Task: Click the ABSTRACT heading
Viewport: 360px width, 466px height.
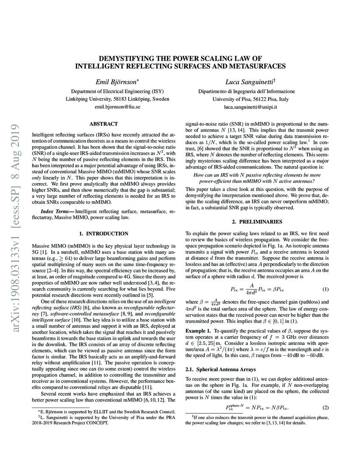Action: click(x=103, y=124)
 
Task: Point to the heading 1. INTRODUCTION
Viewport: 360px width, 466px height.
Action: click(x=104, y=233)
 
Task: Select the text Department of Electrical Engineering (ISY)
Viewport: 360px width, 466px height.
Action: click(x=117, y=91)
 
